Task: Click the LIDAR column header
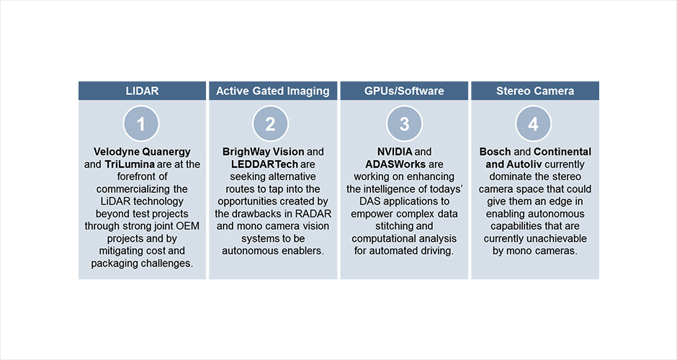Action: point(142,91)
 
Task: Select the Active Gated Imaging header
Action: point(273,91)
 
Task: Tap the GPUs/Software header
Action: point(404,91)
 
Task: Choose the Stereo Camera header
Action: point(535,91)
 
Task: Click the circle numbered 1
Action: point(141,124)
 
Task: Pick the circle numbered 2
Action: point(270,124)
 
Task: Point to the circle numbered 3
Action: point(404,124)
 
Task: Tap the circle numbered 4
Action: point(533,124)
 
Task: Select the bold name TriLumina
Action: point(130,164)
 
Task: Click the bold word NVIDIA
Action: point(395,152)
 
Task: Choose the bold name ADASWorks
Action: point(395,164)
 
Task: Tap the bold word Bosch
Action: point(496,152)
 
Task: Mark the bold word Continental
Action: point(562,152)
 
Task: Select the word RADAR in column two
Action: point(313,214)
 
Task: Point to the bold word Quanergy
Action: point(166,152)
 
